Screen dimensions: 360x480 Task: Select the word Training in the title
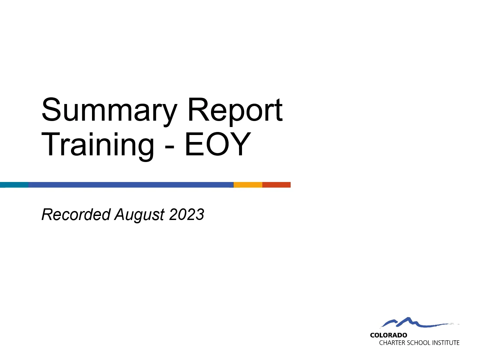pos(98,145)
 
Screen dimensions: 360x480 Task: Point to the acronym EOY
pos(217,144)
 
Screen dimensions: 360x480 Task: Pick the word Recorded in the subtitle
pos(76,214)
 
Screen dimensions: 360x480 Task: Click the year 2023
pos(187,214)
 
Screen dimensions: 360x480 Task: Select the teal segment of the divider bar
pos(14,185)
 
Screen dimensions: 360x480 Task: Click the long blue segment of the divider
pos(131,185)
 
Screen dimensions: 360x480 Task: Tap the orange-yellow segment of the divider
pos(248,185)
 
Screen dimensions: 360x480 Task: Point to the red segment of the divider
pos(276,185)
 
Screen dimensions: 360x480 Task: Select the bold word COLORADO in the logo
pos(389,335)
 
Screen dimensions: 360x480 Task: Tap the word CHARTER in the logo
pos(392,343)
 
